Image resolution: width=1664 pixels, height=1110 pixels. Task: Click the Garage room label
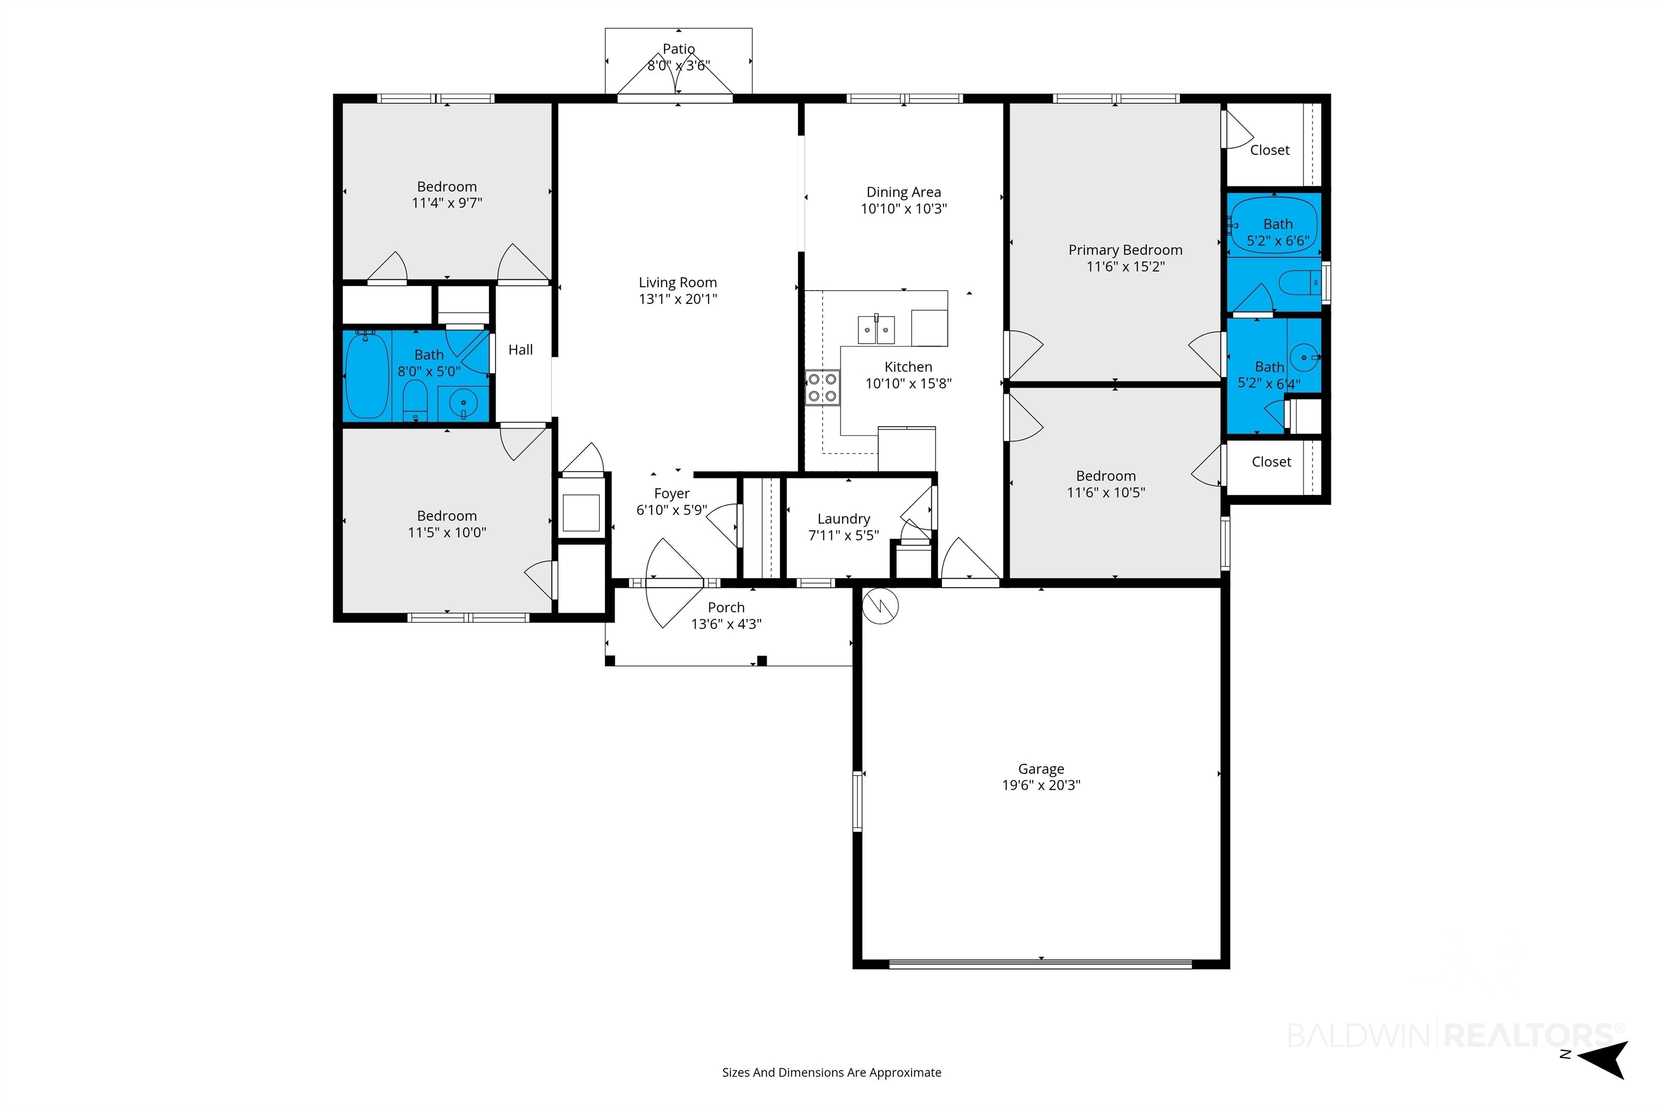(x=1041, y=769)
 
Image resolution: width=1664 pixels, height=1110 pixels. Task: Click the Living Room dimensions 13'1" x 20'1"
(x=678, y=299)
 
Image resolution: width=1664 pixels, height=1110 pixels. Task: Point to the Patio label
(x=679, y=49)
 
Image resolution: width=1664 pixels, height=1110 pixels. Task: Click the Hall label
(x=521, y=350)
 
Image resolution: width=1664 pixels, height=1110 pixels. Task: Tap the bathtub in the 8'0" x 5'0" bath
(x=367, y=375)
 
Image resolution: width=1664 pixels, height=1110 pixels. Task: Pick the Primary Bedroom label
(x=1125, y=250)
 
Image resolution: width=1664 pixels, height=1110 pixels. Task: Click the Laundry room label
(x=843, y=519)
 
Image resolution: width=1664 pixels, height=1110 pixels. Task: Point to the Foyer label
(x=672, y=493)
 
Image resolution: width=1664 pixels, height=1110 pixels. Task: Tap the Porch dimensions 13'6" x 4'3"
(x=726, y=624)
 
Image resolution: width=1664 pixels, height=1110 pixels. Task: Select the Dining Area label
(x=903, y=192)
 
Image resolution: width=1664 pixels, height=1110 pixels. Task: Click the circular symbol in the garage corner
(x=880, y=606)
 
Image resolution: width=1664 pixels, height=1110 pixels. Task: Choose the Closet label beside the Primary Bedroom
(x=1269, y=150)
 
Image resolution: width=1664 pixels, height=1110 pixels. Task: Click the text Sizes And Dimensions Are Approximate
(x=831, y=1073)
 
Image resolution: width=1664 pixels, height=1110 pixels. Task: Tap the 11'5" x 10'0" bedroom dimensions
(x=446, y=532)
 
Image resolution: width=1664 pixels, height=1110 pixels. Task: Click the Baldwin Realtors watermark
(x=1454, y=1035)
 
